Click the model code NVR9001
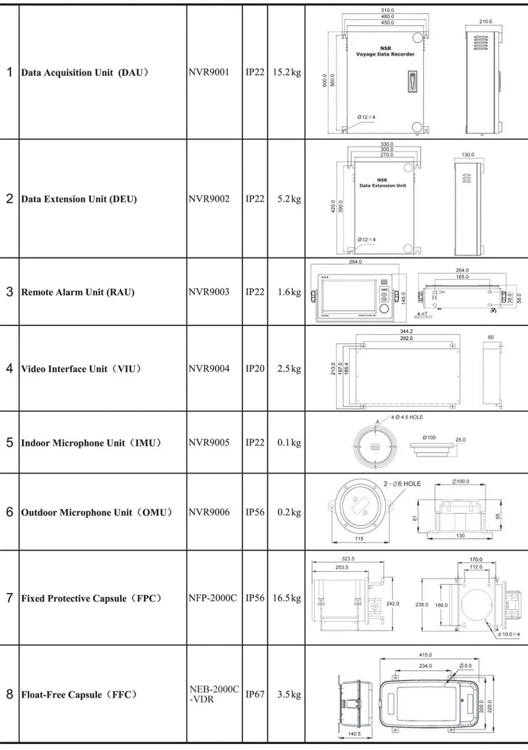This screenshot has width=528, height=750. click(209, 72)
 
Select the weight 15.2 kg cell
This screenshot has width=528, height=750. click(286, 72)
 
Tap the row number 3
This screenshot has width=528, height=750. click(10, 292)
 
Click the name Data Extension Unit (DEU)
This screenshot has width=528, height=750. click(79, 199)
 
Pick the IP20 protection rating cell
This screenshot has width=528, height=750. click(255, 368)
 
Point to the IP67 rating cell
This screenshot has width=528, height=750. click(255, 695)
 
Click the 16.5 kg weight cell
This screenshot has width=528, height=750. click(286, 598)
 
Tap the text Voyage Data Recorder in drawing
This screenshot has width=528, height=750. click(385, 54)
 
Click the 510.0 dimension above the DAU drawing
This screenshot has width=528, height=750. click(388, 10)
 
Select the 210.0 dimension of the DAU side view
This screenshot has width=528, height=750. click(486, 21)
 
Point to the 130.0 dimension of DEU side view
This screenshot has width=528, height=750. click(468, 154)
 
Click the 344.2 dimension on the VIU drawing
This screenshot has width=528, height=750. click(406, 331)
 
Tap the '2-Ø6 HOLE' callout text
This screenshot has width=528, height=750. click(402, 484)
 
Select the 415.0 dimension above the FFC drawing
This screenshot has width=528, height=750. click(425, 655)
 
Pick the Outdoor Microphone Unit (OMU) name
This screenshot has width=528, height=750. click(96, 512)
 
